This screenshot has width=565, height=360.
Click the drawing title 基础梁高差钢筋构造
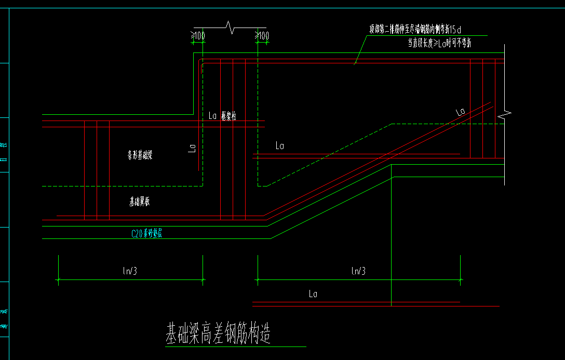click(x=218, y=333)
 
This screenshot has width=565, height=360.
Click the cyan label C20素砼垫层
click(x=147, y=234)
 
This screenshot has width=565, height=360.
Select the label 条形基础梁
click(x=140, y=155)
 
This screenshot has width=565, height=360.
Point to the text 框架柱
click(x=228, y=116)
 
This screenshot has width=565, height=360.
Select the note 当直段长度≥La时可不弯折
click(x=439, y=44)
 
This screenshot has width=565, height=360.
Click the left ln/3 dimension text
click(x=130, y=270)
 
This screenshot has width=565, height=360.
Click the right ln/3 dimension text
click(x=358, y=270)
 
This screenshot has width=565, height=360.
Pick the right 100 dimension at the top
click(x=263, y=36)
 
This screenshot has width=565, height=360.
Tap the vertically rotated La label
click(x=191, y=150)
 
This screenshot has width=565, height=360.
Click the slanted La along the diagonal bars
click(x=460, y=112)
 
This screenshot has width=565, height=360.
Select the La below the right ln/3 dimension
click(x=313, y=294)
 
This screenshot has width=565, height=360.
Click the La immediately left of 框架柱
click(x=212, y=116)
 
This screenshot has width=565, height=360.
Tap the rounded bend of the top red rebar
click(x=200, y=62)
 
